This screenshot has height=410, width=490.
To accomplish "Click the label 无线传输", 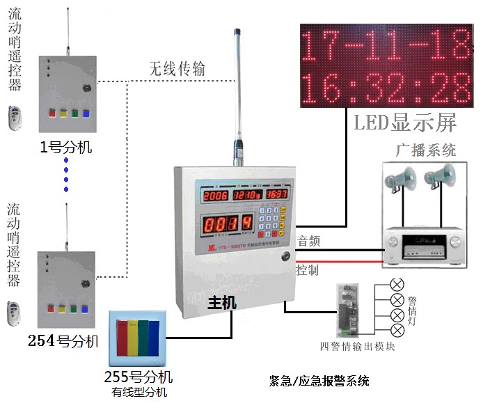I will click(x=177, y=69).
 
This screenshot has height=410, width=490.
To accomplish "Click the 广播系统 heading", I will click(x=425, y=149).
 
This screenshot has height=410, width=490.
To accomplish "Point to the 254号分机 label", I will click(x=63, y=341).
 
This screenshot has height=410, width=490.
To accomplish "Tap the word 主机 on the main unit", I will click(x=222, y=303).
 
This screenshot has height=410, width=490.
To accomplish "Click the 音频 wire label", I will click(x=308, y=241).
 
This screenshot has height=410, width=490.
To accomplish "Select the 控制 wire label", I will click(x=308, y=270).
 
